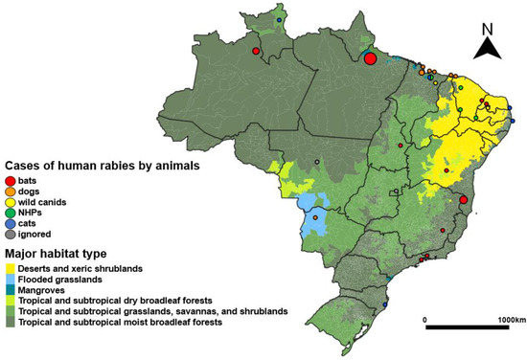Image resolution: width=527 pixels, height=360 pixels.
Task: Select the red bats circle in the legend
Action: [x=10, y=180]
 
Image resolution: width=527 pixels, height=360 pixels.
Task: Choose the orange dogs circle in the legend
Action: [x=10, y=191]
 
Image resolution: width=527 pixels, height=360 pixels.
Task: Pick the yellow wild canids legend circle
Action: [x=10, y=201]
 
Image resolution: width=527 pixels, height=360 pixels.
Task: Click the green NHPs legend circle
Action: [x=10, y=212]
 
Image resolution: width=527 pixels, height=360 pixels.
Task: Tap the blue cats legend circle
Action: [x=10, y=222]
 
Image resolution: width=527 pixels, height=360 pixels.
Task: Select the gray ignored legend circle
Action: [x=10, y=233]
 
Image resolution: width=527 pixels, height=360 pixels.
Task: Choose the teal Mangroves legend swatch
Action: [x=10, y=288]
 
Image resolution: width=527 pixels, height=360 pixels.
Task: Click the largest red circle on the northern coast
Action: [x=371, y=58]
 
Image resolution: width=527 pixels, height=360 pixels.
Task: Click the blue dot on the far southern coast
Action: [x=385, y=304]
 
